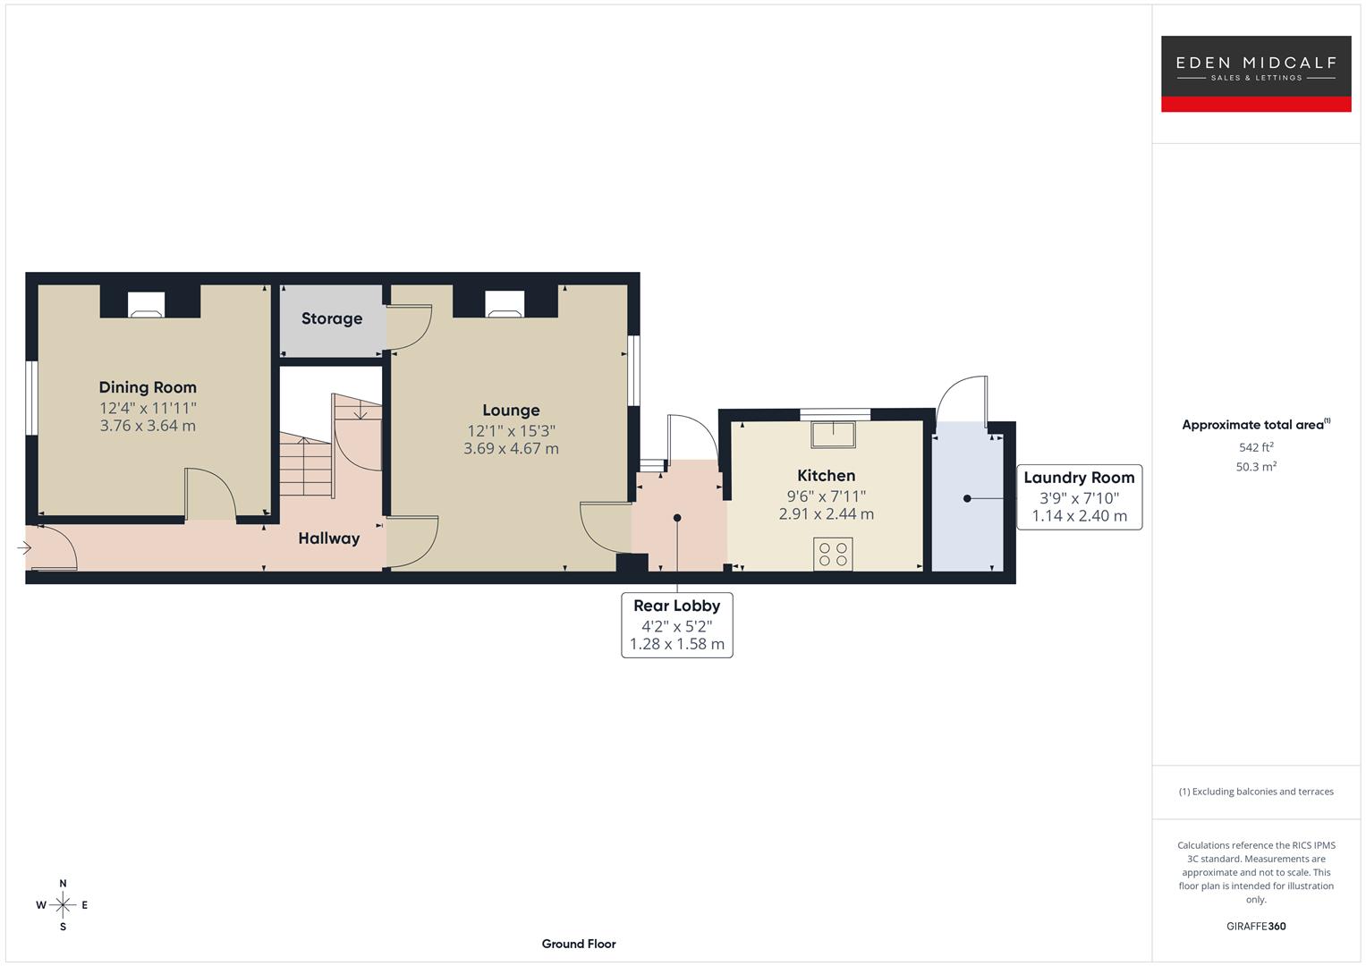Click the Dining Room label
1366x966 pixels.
coord(148,387)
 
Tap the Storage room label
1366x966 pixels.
coord(332,318)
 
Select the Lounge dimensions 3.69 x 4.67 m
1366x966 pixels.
coord(511,449)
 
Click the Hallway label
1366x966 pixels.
coord(329,538)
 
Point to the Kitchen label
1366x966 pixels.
coord(826,476)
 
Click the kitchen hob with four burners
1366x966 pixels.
coord(833,554)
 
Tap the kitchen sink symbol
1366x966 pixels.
coord(833,434)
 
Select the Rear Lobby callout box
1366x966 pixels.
coord(677,624)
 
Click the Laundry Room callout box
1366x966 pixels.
coord(1079,497)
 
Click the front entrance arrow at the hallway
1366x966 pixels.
coord(24,547)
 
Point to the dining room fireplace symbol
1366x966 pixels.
coord(147,305)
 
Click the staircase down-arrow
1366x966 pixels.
coord(360,412)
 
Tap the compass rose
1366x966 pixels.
coord(63,905)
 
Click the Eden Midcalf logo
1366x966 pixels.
coord(1255,73)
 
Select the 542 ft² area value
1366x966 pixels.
coord(1256,447)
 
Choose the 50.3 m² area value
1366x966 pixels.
coord(1256,467)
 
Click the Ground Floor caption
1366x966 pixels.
coord(579,944)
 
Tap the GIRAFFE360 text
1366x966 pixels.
coord(1256,927)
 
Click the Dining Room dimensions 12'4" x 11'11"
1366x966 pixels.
coord(148,408)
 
